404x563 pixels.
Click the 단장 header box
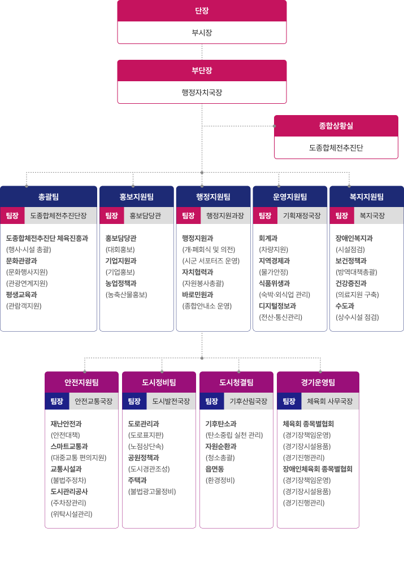pyautogui.click(x=202, y=11)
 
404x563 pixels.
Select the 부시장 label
pyautogui.click(x=202, y=33)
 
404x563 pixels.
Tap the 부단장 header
pyautogui.click(x=202, y=71)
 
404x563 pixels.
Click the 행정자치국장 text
pyautogui.click(x=202, y=93)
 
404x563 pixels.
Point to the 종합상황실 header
pyautogui.click(x=336, y=126)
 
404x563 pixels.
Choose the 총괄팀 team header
pyautogui.click(x=49, y=196)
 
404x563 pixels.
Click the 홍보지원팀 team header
pyautogui.click(x=136, y=196)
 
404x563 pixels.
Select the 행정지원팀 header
pyautogui.click(x=213, y=196)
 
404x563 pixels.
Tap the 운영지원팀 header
pyautogui.click(x=290, y=196)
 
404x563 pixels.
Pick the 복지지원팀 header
pyautogui.click(x=367, y=196)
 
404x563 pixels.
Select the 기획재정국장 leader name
pyautogui.click(x=302, y=215)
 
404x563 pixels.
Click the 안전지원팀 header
pyautogui.click(x=81, y=382)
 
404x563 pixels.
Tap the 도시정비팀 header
pyautogui.click(x=159, y=382)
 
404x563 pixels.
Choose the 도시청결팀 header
pyautogui.click(x=236, y=382)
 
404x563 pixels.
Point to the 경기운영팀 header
pyautogui.click(x=318, y=382)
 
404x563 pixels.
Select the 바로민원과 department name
pyautogui.click(x=197, y=294)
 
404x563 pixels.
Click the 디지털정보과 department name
pyautogui.click(x=277, y=306)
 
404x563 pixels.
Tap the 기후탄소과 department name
pyautogui.click(x=221, y=424)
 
